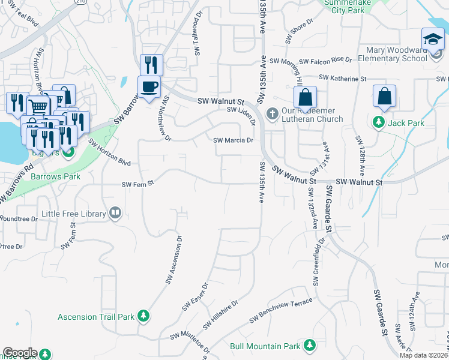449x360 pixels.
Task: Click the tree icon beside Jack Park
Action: [379, 123]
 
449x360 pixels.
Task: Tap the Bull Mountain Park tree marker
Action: [310, 346]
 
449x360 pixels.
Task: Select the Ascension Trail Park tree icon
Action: [143, 316]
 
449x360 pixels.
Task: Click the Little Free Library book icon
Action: [115, 213]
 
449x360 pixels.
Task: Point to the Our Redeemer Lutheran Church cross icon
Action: [271, 113]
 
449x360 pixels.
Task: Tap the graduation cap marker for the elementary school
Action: [433, 40]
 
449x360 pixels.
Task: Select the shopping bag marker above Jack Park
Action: [384, 96]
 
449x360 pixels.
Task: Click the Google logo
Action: [20, 353]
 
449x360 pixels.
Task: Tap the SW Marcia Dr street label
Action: [234, 140]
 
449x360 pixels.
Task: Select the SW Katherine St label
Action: [342, 78]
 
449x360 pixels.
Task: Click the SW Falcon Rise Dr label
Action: [310, 60]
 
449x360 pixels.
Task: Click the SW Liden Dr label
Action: [241, 111]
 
